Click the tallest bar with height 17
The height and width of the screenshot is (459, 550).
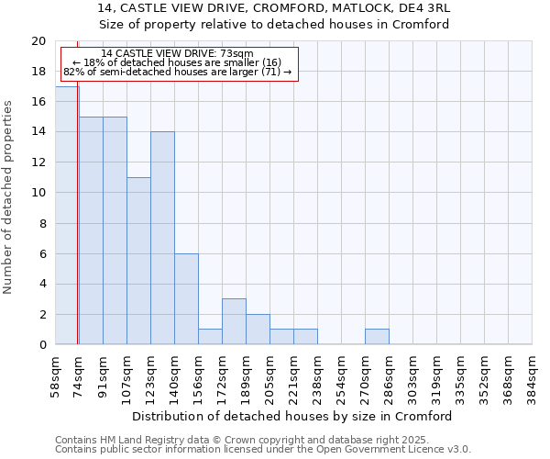click(67, 216)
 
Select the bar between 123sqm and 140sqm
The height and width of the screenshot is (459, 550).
click(162, 238)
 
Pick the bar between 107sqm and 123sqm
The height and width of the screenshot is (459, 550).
click(138, 261)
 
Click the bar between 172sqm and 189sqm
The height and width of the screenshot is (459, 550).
click(234, 321)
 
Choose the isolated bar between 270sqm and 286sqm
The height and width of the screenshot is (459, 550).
click(377, 337)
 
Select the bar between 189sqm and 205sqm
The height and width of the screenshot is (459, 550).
click(258, 329)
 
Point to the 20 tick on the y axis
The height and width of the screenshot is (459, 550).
click(38, 41)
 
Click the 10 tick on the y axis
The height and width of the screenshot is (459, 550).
click(38, 193)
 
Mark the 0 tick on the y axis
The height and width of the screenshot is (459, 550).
click(41, 344)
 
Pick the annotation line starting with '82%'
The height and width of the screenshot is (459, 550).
click(177, 72)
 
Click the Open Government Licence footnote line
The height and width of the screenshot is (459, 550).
click(263, 450)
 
